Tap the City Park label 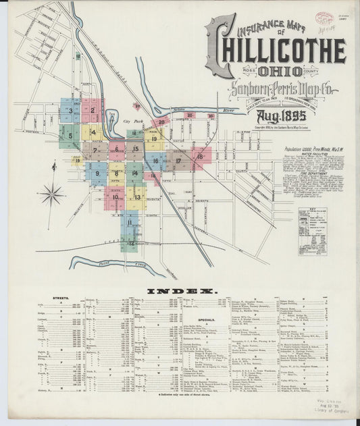tap(131, 121)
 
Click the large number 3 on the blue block tap(70, 110)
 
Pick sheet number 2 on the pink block tap(92, 110)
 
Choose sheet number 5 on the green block tap(70, 135)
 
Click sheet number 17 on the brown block tap(178, 161)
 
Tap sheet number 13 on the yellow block tap(136, 197)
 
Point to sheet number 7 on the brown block tap(95, 150)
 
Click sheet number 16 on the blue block tap(155, 161)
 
